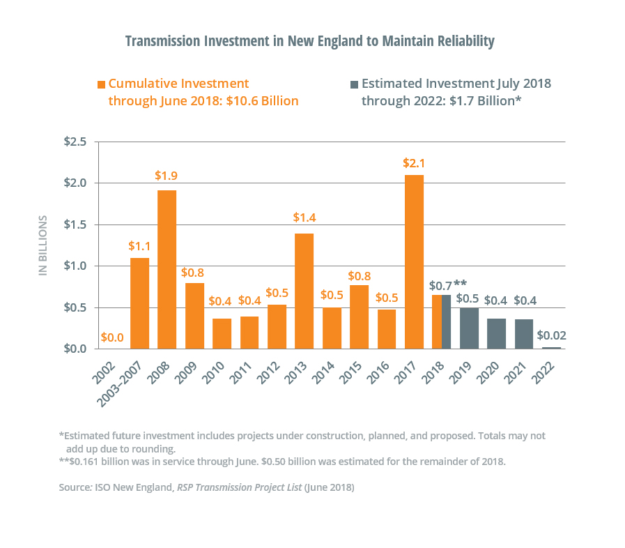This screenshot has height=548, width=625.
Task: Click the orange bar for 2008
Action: click(x=167, y=269)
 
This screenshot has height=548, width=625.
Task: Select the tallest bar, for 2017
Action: click(x=414, y=261)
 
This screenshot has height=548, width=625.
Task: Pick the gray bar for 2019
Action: click(x=469, y=328)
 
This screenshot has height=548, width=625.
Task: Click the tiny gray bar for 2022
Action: click(x=552, y=347)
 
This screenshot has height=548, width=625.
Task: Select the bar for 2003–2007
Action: click(x=139, y=303)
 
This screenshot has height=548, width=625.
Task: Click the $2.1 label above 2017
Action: click(x=414, y=163)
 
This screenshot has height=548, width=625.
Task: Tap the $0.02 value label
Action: click(x=552, y=335)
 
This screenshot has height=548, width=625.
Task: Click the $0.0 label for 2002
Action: click(x=112, y=337)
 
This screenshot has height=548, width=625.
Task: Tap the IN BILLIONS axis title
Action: click(x=43, y=245)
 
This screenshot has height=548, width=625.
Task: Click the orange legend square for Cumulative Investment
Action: click(x=101, y=84)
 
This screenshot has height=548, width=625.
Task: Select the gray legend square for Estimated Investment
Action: click(x=354, y=84)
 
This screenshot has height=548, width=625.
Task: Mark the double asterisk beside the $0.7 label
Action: click(x=460, y=284)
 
